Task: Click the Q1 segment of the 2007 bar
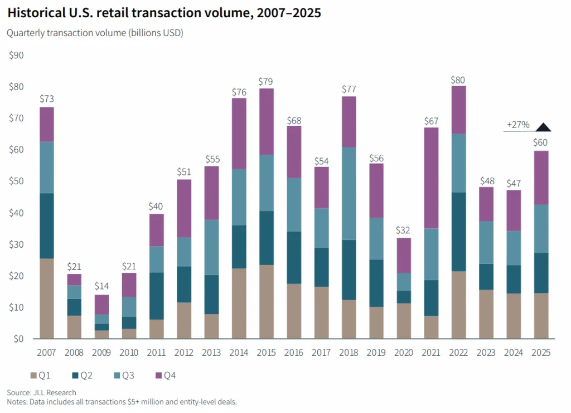[x=47, y=298]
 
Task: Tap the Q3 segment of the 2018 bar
[x=349, y=193]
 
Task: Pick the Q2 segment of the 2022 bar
[x=458, y=232]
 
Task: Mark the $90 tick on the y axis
[x=16, y=55]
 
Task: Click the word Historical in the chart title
[x=38, y=13]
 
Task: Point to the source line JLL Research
[x=41, y=392]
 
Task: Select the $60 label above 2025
[x=540, y=142]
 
